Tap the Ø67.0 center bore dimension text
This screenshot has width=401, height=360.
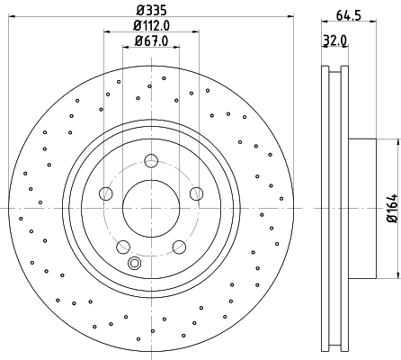pyautogui.click(x=149, y=41)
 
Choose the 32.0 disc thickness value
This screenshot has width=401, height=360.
pyautogui.click(x=334, y=40)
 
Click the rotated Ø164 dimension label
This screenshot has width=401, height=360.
pyautogui.click(x=391, y=208)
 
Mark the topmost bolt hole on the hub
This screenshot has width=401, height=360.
pyautogui.click(x=151, y=161)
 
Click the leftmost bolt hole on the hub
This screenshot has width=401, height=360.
pyautogui.click(x=106, y=193)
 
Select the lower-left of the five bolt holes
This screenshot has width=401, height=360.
pyautogui.click(x=123, y=246)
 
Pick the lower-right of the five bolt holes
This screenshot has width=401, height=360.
pyautogui.click(x=178, y=246)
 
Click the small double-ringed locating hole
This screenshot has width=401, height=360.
pyautogui.click(x=136, y=263)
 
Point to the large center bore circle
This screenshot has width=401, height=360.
pyautogui.click(x=150, y=208)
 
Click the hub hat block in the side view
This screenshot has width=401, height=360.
pyautogui.click(x=361, y=208)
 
